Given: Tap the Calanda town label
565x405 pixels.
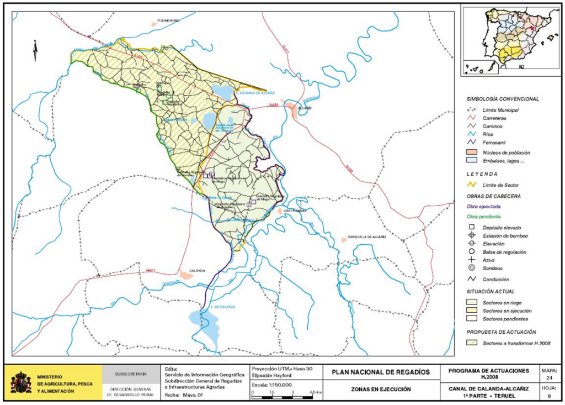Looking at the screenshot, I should (197, 270).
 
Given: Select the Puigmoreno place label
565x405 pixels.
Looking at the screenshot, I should (168, 20).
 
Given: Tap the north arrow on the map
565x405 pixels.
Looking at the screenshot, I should (35, 51).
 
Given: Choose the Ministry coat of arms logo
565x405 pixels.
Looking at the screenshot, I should (21, 382).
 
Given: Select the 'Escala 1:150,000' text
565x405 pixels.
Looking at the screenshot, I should (271, 385).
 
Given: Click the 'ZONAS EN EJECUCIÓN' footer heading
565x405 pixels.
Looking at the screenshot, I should (381, 390).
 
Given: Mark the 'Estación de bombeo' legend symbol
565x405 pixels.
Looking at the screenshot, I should (472, 236).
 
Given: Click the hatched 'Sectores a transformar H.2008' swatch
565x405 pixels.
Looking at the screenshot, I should (472, 343).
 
